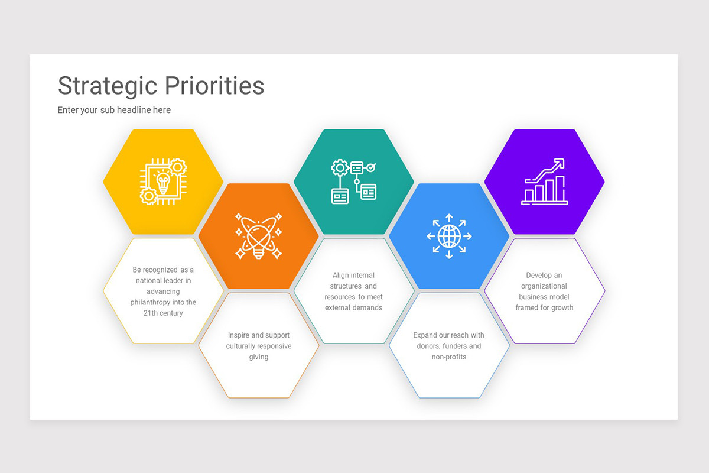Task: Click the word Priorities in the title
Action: tap(214, 86)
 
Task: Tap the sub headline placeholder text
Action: tap(114, 110)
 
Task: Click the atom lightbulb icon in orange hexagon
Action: tap(258, 236)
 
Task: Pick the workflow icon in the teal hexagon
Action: tap(353, 182)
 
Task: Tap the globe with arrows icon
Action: tap(449, 236)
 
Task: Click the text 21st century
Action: tap(163, 313)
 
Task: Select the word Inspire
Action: tap(238, 335)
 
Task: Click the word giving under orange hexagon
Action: tap(259, 357)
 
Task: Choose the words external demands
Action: tap(353, 307)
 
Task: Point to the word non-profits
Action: tap(449, 357)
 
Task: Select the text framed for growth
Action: tap(544, 307)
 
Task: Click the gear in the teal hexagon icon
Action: tap(340, 167)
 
